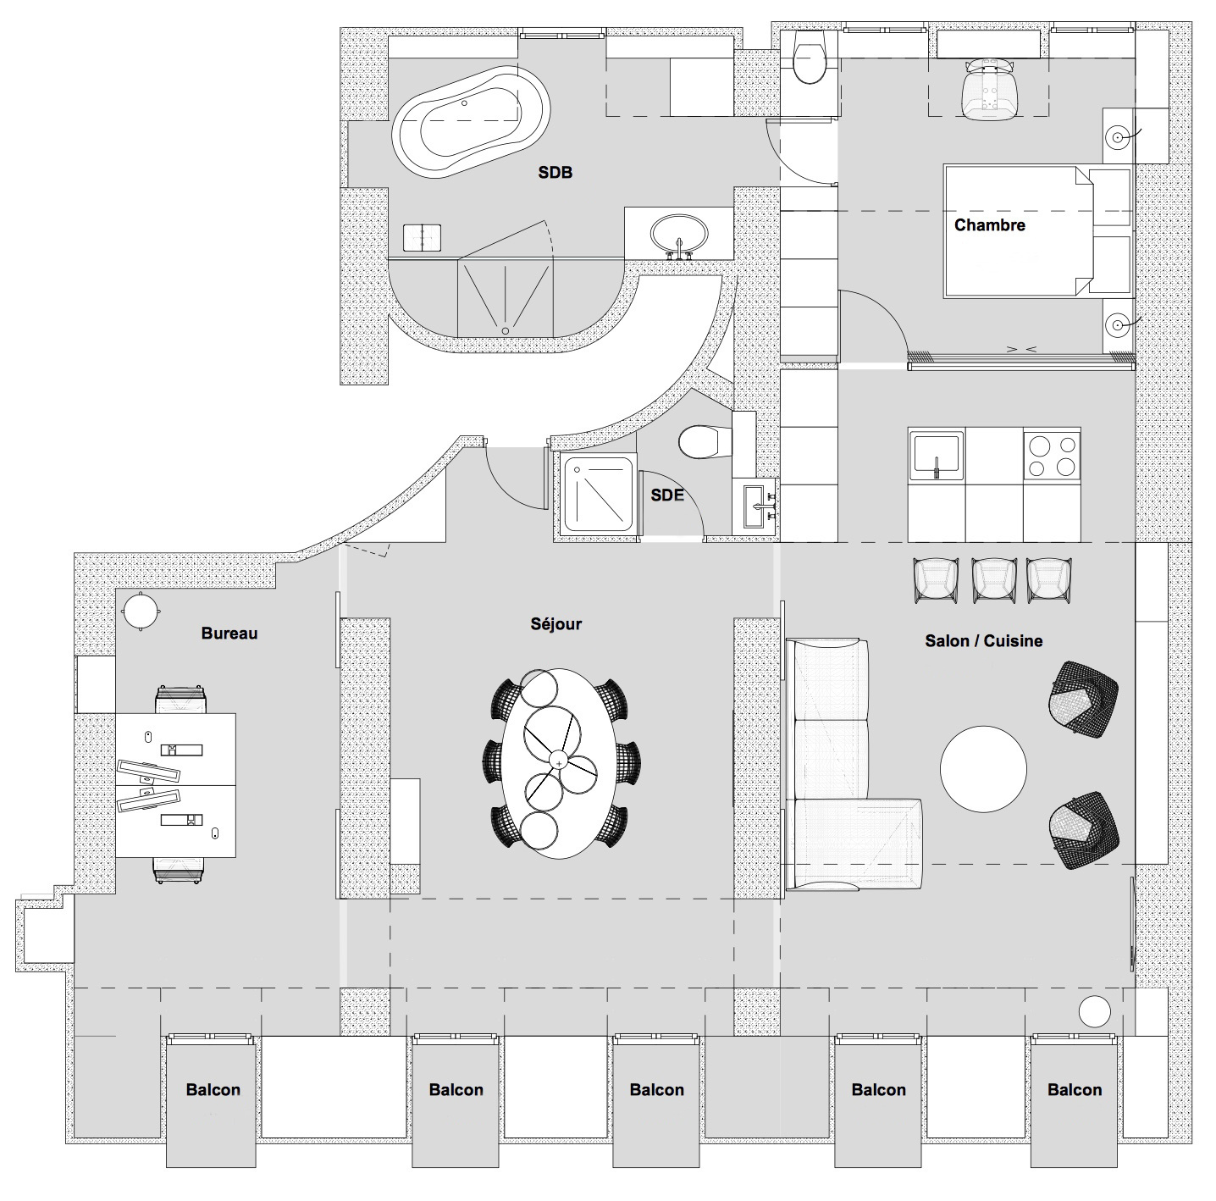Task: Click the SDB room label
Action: pyautogui.click(x=555, y=173)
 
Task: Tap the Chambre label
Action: pyautogui.click(x=989, y=224)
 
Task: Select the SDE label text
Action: pyautogui.click(x=667, y=495)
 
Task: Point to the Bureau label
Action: pyautogui.click(x=229, y=634)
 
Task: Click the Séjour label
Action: pyautogui.click(x=556, y=624)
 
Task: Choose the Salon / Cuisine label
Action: pyautogui.click(x=983, y=641)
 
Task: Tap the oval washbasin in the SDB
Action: pyautogui.click(x=679, y=235)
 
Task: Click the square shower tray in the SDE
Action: pyautogui.click(x=598, y=495)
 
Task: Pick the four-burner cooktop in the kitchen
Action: pyautogui.click(x=1052, y=456)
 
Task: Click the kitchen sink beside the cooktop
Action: pyautogui.click(x=937, y=456)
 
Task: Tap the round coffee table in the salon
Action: pyautogui.click(x=983, y=768)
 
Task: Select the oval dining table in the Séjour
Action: pyautogui.click(x=559, y=763)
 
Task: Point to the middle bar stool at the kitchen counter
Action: pyautogui.click(x=994, y=579)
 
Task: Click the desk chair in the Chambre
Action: pyautogui.click(x=989, y=88)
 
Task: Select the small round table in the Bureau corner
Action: pyautogui.click(x=140, y=612)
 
